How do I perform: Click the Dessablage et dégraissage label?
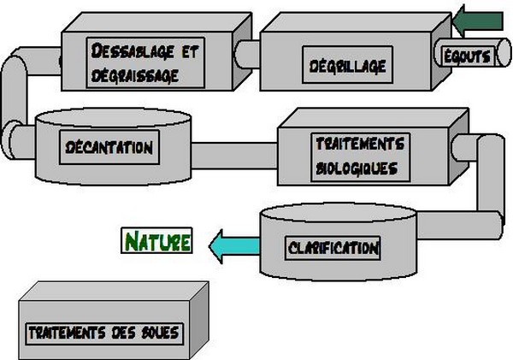(143, 62)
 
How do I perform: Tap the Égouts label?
(467, 57)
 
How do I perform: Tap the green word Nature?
(158, 241)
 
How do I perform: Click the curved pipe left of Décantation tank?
(15, 94)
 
